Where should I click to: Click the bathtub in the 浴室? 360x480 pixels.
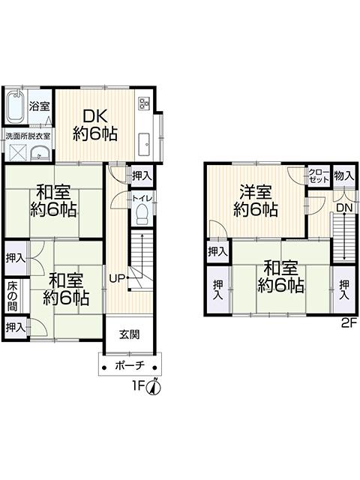tap(16, 106)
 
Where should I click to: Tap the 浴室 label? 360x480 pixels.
tap(39, 106)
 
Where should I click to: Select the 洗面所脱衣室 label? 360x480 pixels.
tap(28, 136)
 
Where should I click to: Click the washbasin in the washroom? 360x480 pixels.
tap(40, 153)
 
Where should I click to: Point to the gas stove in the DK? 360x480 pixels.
tap(143, 103)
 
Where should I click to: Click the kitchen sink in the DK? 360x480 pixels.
tap(144, 145)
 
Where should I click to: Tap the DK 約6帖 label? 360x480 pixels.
tap(95, 125)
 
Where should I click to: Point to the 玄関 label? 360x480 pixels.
tap(130, 334)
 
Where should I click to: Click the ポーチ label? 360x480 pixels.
tap(130, 365)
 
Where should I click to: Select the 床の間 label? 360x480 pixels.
tap(13, 295)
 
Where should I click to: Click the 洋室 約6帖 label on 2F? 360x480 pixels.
tap(256, 202)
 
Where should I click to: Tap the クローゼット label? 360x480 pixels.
tap(319, 175)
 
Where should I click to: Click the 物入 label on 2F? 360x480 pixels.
tap(344, 175)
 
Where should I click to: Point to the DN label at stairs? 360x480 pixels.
tap(345, 208)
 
